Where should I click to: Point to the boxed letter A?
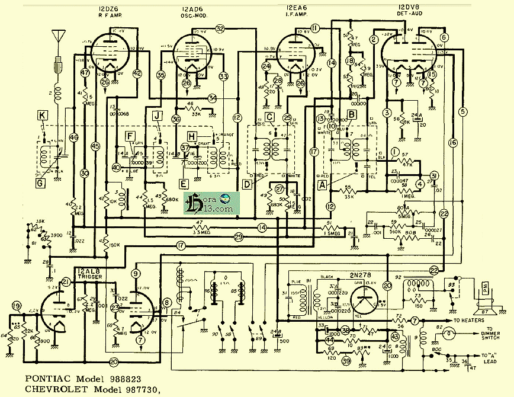point(323,185)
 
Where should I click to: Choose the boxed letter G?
point(40,184)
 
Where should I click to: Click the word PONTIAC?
point(46,377)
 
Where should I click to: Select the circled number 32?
point(220,28)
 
